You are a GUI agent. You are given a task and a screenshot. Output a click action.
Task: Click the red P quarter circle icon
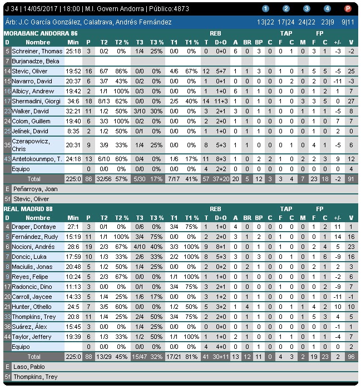click(348, 9)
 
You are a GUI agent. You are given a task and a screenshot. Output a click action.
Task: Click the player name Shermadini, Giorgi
click(36, 101)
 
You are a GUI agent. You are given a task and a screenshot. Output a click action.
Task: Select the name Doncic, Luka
click(29, 257)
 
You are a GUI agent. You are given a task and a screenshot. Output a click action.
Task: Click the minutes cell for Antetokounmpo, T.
click(73, 158)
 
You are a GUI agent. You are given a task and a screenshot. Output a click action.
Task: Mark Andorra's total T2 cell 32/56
click(104, 179)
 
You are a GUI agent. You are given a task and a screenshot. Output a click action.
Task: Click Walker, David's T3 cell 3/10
click(140, 111)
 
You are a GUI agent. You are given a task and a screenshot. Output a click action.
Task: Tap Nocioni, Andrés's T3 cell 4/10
click(140, 247)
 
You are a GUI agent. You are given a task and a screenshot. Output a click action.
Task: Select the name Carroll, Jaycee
click(32, 297)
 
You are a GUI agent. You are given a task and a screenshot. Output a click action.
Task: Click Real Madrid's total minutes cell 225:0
click(73, 357)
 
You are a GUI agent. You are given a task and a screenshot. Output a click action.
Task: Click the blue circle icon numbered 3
click(306, 9)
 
